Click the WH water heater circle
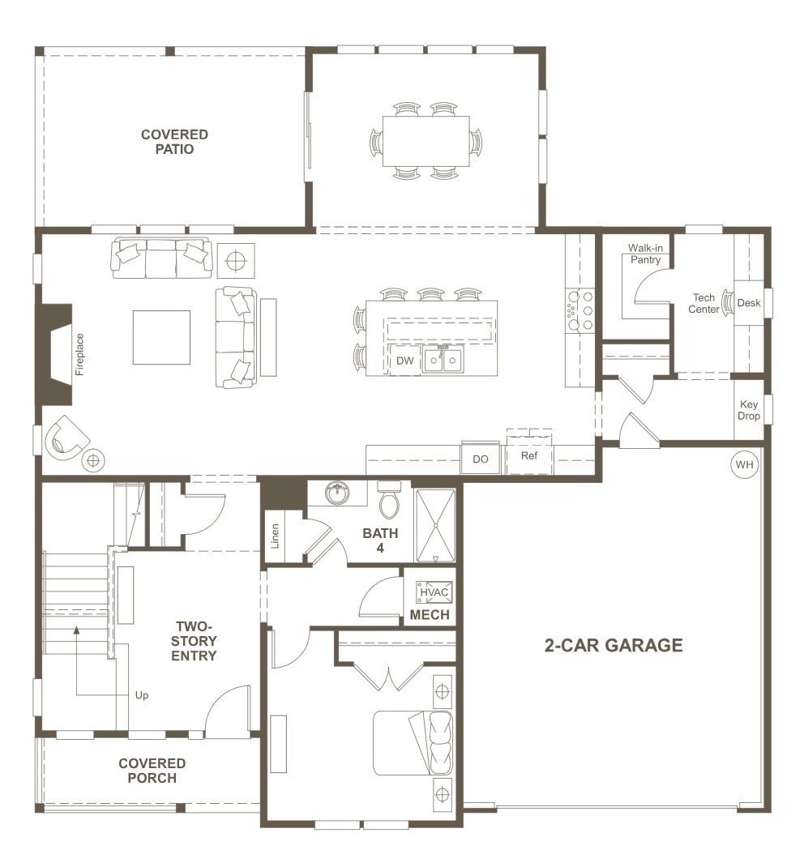click(743, 465)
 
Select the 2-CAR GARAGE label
click(613, 645)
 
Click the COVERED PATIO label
click(174, 142)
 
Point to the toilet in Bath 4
click(390, 502)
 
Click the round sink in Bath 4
click(336, 493)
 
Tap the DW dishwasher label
click(405, 361)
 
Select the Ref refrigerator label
click(528, 456)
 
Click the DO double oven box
click(481, 459)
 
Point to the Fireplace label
click(79, 354)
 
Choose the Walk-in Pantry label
click(644, 254)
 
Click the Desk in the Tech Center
click(749, 303)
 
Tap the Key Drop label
click(749, 411)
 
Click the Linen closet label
click(276, 536)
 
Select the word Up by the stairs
click(142, 695)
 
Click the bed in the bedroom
click(413, 743)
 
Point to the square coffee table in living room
click(161, 338)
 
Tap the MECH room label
click(429, 615)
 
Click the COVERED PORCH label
click(152, 771)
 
